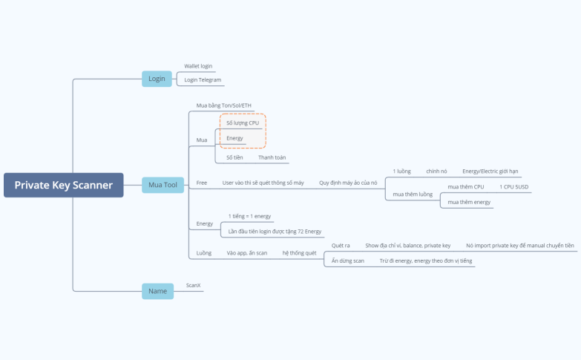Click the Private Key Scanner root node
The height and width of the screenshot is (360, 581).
click(x=63, y=185)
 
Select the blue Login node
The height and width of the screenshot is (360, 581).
click(x=157, y=79)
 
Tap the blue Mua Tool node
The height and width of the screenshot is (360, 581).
click(x=163, y=185)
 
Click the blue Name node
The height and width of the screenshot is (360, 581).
click(x=157, y=291)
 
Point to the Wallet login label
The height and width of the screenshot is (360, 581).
click(x=198, y=66)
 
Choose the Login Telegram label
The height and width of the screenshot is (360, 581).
click(x=203, y=79)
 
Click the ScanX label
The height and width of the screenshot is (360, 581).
click(x=194, y=284)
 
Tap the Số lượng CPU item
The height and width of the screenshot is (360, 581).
click(x=243, y=122)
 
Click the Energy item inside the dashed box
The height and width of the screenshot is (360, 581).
click(x=234, y=138)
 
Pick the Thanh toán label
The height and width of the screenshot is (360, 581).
click(x=272, y=157)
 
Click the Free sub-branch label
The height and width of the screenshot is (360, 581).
click(x=202, y=182)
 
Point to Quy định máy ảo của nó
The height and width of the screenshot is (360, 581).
click(x=348, y=182)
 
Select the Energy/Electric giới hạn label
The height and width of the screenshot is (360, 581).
click(x=490, y=171)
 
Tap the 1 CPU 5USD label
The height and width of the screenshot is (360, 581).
click(x=513, y=187)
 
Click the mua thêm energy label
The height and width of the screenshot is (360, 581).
click(x=469, y=202)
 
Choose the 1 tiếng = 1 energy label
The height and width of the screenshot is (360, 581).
click(x=249, y=216)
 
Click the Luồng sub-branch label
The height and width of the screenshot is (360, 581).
click(x=203, y=253)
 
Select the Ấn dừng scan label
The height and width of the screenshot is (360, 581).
click(x=348, y=261)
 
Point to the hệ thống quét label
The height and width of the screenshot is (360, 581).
click(x=299, y=253)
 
